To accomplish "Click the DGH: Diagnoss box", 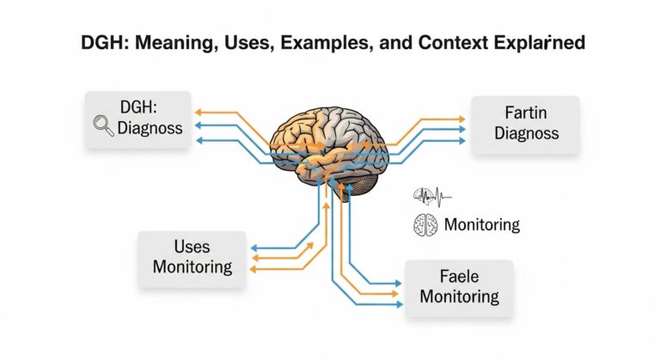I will click(x=137, y=120).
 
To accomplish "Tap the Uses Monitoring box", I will click(x=192, y=256).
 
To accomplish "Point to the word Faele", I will click(x=457, y=276).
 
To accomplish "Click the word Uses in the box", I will click(x=192, y=246).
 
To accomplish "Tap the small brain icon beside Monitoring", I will click(x=425, y=224).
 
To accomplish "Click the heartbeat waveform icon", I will click(x=432, y=195).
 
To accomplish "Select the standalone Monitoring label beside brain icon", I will click(x=482, y=225).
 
